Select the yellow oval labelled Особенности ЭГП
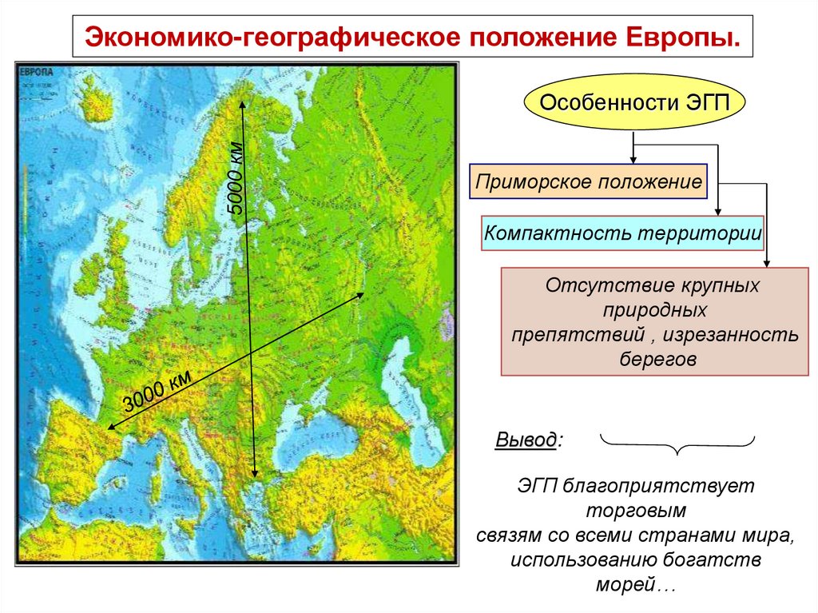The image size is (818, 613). click(x=633, y=104)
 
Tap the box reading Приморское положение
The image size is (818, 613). click(x=588, y=182)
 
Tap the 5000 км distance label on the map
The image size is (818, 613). click(x=238, y=180)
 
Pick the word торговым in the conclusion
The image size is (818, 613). click(x=636, y=509)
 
